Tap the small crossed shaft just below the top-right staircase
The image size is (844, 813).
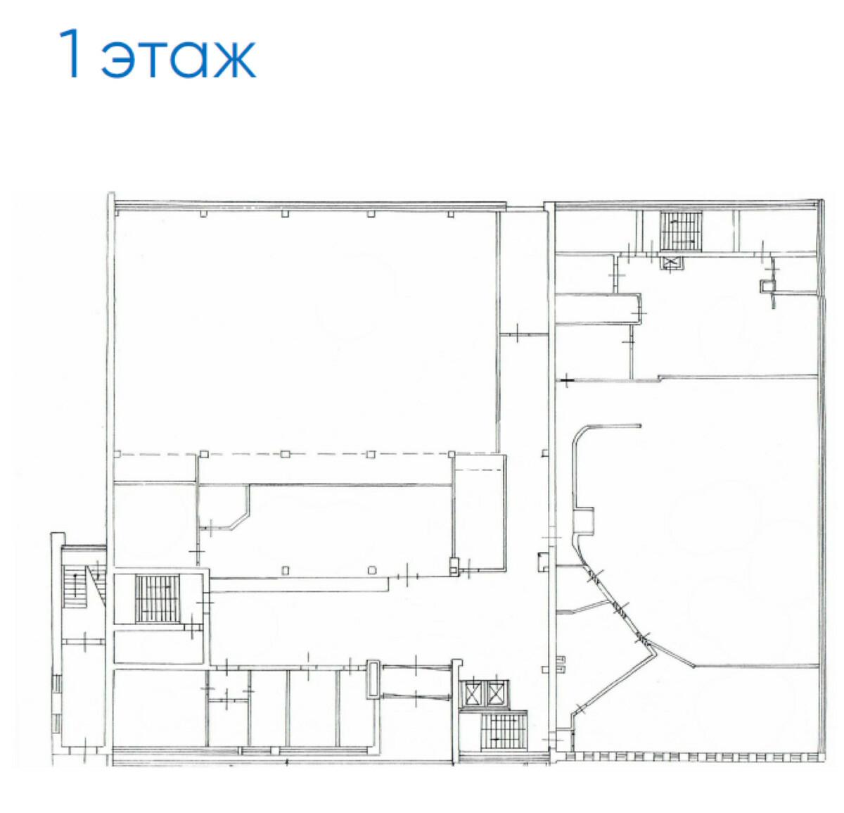[671, 263]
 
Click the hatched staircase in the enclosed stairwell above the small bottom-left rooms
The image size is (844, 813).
[157, 598]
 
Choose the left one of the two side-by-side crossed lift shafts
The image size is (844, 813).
[473, 693]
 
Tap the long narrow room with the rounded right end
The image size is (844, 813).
[598, 308]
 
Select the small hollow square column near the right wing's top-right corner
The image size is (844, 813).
[765, 286]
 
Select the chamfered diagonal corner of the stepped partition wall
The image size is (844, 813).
[239, 522]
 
